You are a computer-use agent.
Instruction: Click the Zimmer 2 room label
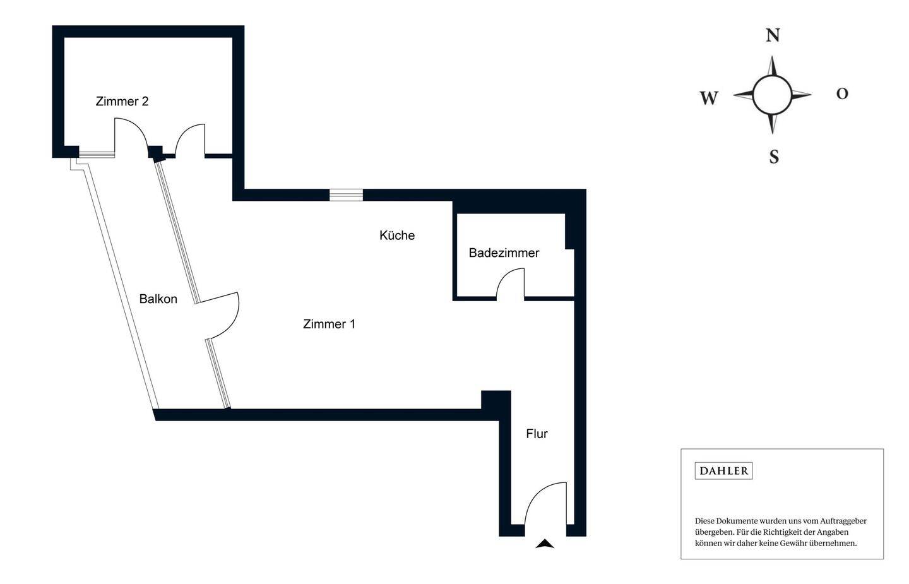(122, 101)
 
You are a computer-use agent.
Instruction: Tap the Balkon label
(158, 299)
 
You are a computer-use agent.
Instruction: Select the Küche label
(397, 235)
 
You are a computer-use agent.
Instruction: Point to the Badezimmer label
(504, 253)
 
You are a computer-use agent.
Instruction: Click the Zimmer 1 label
(329, 324)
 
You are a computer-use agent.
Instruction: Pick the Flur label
(537, 433)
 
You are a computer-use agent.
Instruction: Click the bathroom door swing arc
(509, 282)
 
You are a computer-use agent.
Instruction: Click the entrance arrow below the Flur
(545, 544)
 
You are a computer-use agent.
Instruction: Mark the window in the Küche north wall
(346, 194)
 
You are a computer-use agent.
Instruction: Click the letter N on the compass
(773, 35)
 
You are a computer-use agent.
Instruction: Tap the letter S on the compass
(774, 156)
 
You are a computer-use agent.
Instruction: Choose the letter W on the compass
(709, 98)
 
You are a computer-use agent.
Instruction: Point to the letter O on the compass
(842, 93)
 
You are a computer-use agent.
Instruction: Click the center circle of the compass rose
(771, 95)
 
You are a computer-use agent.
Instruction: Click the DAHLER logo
(723, 470)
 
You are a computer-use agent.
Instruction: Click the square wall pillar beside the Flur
(496, 401)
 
